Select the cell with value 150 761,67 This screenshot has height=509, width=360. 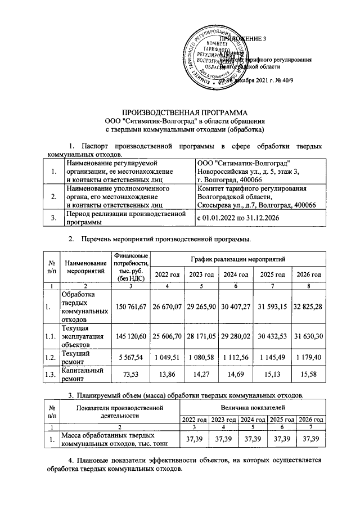[130, 306]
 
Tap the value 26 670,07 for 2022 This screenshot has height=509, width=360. [168, 306]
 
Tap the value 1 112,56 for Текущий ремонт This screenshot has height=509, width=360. [236, 358]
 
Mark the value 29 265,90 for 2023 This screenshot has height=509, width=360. [202, 306]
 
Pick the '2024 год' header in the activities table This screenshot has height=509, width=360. [236, 274]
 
